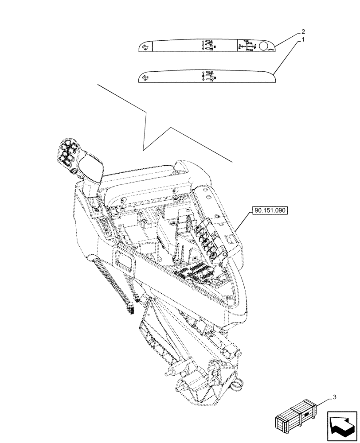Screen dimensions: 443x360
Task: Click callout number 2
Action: (302, 32)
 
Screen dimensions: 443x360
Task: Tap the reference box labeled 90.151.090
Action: (270, 210)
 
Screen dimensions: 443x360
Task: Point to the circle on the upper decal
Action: (265, 46)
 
